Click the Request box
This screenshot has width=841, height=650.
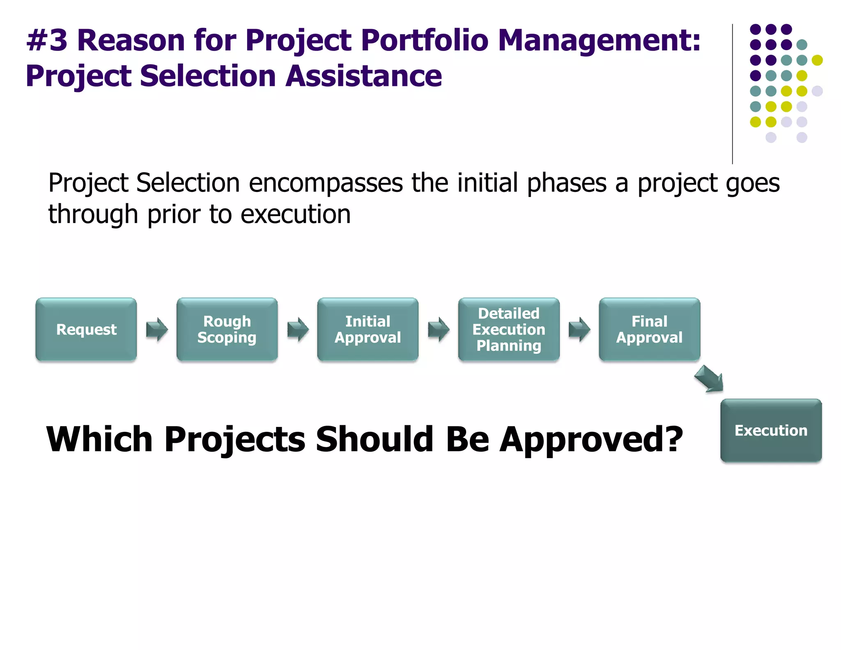[86, 330]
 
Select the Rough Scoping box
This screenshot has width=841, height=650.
[227, 330]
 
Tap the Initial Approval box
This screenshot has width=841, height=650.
[368, 330]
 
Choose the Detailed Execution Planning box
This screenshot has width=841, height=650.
[509, 330]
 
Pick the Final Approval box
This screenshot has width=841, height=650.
[649, 330]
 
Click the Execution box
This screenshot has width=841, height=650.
[771, 430]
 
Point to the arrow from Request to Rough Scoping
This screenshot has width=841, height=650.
[157, 330]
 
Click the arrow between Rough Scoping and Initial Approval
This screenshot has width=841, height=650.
[298, 330]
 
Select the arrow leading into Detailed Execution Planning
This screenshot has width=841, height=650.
[439, 330]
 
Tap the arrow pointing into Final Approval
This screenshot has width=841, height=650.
[579, 330]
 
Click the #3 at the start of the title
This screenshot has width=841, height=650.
[47, 41]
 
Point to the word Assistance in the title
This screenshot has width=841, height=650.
[363, 76]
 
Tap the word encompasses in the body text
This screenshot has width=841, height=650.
[326, 183]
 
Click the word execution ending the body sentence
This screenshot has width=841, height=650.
[296, 215]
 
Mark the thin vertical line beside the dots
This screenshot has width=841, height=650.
[732, 95]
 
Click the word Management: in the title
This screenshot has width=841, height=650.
[599, 41]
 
